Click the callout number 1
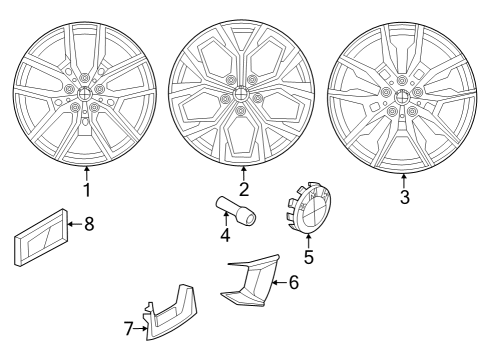(87, 189)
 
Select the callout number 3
(404, 198)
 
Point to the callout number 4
(226, 237)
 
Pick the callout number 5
(308, 257)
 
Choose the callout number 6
(294, 282)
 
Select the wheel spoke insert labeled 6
(247, 280)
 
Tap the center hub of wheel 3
(400, 96)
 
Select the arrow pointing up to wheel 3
(404, 179)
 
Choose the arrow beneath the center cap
(308, 239)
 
